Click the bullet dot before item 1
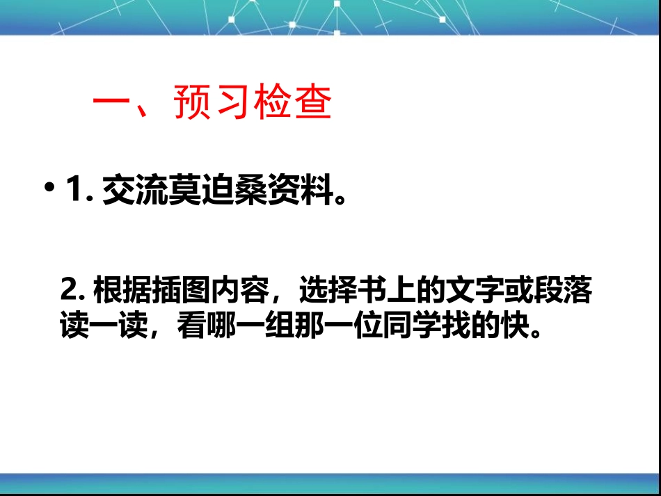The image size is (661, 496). coord(49,189)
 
